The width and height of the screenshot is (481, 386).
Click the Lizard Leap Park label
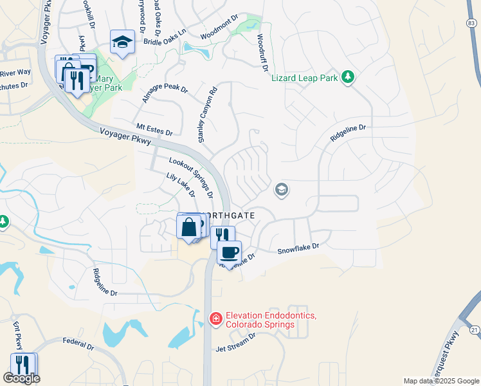(305, 78)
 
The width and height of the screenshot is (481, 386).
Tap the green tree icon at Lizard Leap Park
(349, 77)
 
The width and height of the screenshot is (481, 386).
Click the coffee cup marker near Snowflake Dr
(228, 251)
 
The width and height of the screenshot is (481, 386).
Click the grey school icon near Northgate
(281, 190)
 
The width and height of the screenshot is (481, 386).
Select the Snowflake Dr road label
(298, 248)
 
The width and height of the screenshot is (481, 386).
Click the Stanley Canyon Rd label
(204, 114)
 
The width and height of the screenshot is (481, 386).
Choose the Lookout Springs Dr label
(191, 176)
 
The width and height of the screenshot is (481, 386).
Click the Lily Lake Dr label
(180, 185)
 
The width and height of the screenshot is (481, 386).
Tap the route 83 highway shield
(472, 23)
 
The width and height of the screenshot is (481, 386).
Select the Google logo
(21, 378)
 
